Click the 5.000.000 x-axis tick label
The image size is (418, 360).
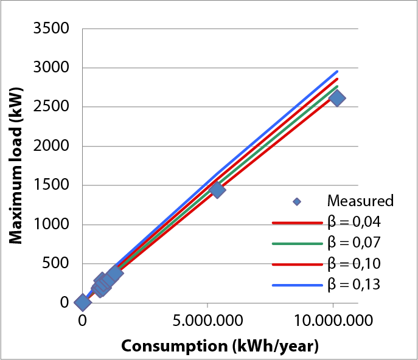point(207,320)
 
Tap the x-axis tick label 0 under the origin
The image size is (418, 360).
point(82,320)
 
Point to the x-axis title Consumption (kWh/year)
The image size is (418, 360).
point(220,346)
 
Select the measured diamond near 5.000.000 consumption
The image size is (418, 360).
point(217,190)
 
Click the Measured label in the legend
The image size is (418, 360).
point(360,201)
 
